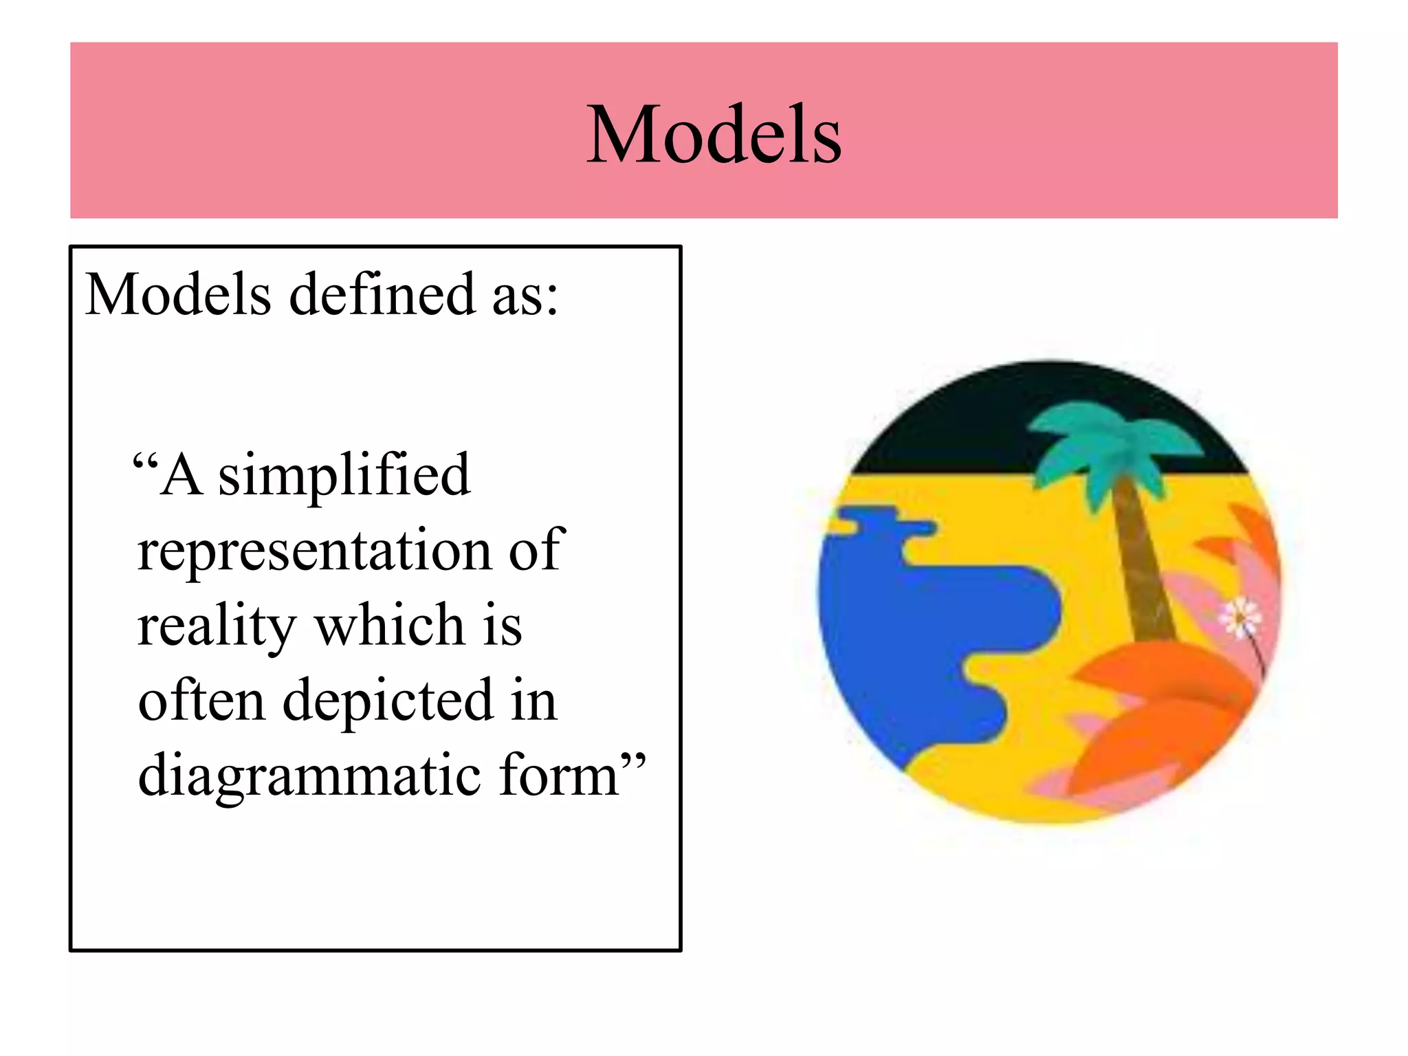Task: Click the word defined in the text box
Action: point(382,294)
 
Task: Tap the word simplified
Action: point(344,476)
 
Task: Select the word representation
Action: point(314,552)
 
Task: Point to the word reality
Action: point(217,626)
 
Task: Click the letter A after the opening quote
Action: point(181,475)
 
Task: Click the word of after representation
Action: point(536,551)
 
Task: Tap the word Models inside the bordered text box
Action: point(178,294)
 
